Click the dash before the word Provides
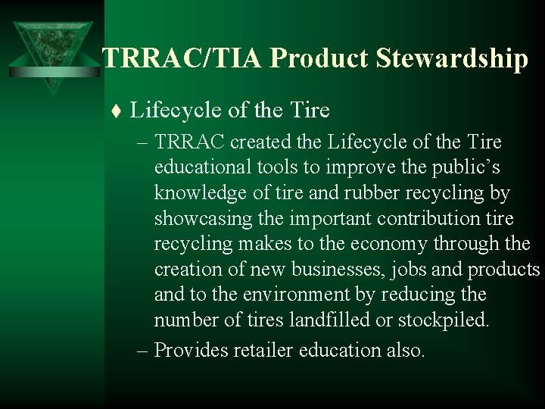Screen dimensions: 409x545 coord(142,350)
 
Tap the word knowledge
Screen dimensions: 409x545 coord(202,193)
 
